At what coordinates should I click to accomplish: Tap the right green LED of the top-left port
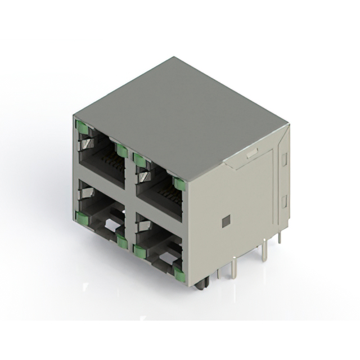point(120,150)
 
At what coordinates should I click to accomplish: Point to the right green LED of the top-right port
point(180,183)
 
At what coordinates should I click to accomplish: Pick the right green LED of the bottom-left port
point(121,241)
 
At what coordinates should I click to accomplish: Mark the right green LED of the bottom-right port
point(179,274)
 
